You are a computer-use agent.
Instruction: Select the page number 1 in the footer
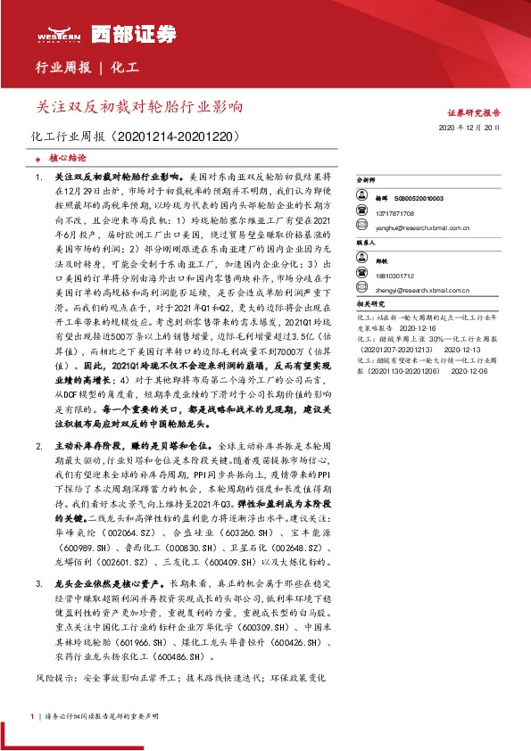click(32, 716)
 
